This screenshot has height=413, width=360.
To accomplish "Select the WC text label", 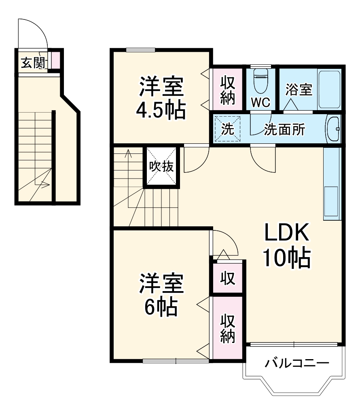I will (260, 102).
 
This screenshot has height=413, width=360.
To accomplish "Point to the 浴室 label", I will (299, 89).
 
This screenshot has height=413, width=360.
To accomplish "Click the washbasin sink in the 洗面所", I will (333, 129).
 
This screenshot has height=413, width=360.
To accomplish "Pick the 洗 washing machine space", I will (227, 129).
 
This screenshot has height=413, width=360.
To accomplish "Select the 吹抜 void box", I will (161, 166).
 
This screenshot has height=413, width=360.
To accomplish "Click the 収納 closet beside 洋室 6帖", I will (228, 329).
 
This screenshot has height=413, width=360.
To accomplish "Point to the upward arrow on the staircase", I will (129, 153).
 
